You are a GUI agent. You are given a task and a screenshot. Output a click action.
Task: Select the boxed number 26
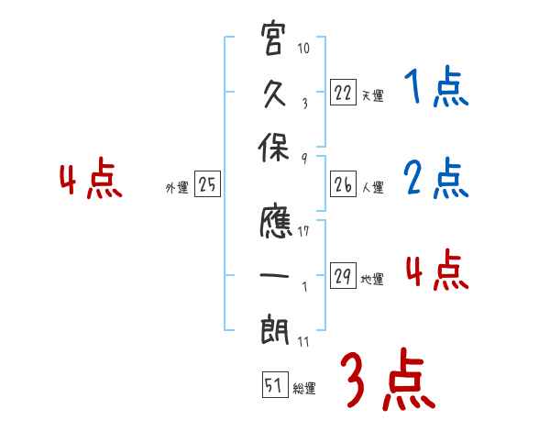[x=343, y=184]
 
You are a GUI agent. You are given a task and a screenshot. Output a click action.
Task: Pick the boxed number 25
[x=207, y=184]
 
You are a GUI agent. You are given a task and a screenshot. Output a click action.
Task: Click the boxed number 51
[x=271, y=386]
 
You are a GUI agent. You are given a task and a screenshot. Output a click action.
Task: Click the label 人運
[x=372, y=187]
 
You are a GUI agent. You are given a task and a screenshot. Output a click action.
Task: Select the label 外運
[x=177, y=187]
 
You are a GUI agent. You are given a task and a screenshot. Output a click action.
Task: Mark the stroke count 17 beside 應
[x=304, y=232]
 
